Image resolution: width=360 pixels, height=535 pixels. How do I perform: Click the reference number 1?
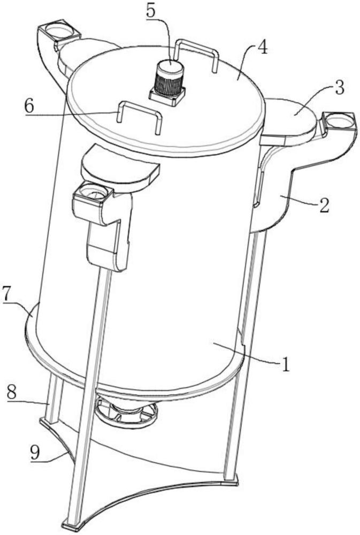(x=285, y=365)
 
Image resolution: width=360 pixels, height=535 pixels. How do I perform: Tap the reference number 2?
(x=324, y=205)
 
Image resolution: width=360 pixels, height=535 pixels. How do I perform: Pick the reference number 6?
(x=29, y=106)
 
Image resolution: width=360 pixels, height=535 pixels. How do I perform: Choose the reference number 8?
(x=11, y=392)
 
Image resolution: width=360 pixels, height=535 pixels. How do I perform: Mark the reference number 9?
(x=35, y=453)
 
